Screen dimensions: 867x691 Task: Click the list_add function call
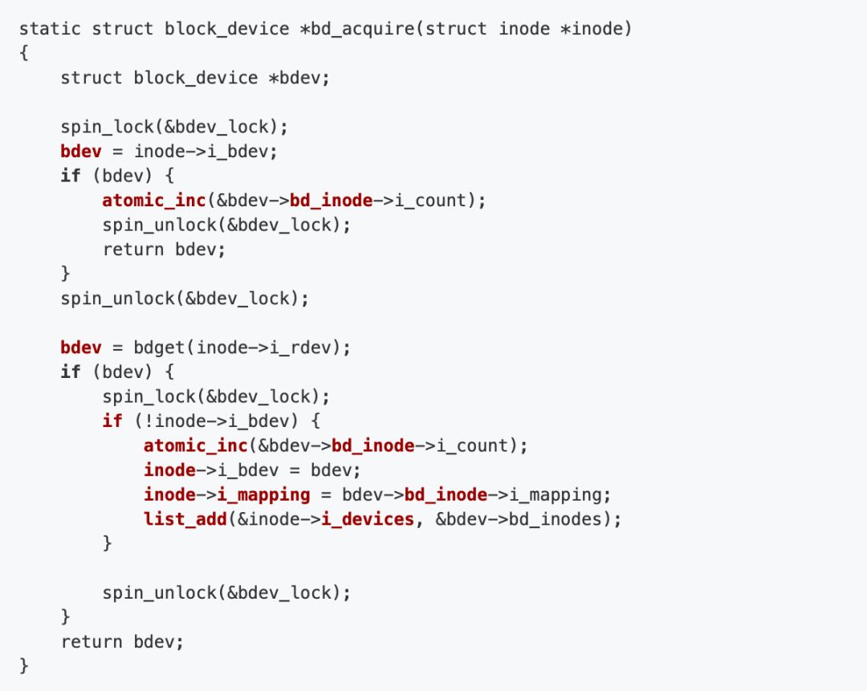(185, 519)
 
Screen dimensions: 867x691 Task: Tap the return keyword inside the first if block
(133, 249)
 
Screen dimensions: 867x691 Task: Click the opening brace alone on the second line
(23, 54)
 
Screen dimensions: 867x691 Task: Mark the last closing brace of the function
(23, 665)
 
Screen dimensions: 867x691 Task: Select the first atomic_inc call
(154, 200)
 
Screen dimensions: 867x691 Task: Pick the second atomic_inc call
(196, 445)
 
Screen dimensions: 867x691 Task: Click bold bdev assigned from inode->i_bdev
(81, 151)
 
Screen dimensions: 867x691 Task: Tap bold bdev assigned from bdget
(81, 348)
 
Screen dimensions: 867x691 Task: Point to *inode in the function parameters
(601, 29)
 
